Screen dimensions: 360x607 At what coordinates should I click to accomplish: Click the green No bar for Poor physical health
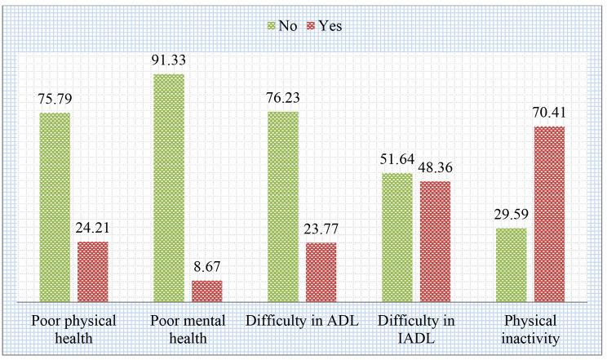click(x=55, y=207)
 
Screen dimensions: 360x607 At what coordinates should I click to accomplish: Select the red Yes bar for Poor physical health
click(x=93, y=272)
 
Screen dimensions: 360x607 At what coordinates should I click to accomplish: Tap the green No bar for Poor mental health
click(x=169, y=188)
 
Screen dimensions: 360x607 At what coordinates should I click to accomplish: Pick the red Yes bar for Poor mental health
click(x=206, y=291)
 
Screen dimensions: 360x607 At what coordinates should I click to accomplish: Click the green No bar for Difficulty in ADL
click(x=283, y=207)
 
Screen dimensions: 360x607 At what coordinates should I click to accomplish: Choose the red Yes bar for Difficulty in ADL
click(x=321, y=273)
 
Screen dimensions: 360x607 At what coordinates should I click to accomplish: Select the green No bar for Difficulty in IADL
click(x=397, y=238)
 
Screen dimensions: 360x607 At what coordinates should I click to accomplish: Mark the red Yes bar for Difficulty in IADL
click(x=435, y=242)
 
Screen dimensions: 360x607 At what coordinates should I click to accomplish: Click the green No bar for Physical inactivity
click(x=511, y=265)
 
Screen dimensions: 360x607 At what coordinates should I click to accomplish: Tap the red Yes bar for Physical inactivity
click(x=549, y=214)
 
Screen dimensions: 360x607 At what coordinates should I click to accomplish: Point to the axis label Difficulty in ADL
click(x=302, y=318)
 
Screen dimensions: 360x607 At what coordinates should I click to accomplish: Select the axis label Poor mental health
click(x=188, y=327)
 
